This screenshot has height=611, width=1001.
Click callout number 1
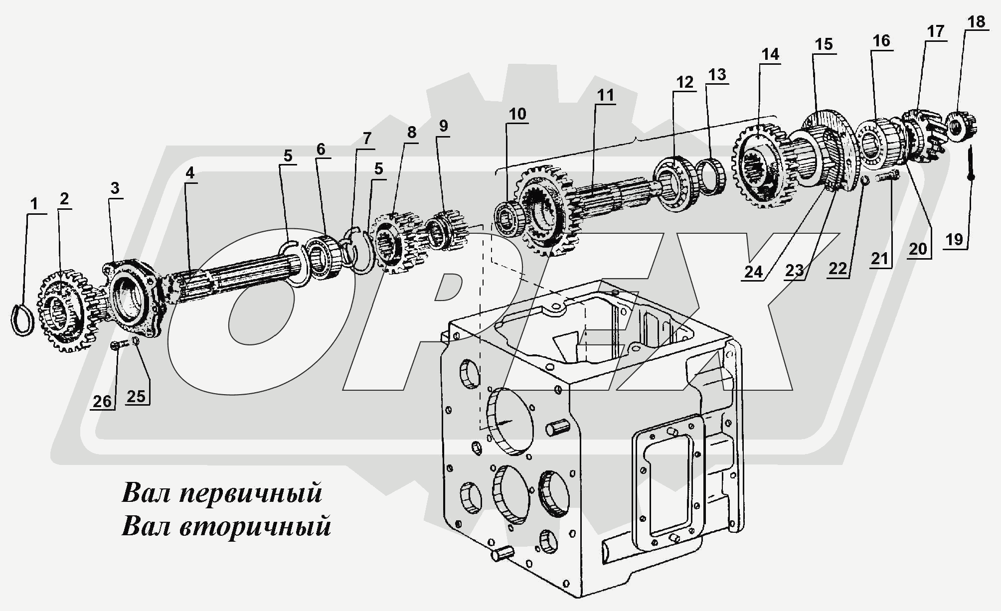pos(34,204)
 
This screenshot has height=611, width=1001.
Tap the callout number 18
pos(976,22)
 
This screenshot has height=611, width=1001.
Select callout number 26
pos(102,401)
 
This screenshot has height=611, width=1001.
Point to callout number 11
pos(606,95)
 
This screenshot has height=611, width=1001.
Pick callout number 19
pos(954,240)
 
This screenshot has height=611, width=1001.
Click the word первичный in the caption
pos(250,493)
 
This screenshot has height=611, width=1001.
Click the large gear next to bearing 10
pos(546,212)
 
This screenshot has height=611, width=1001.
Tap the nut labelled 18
pos(960,127)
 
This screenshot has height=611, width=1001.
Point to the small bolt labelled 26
pos(115,344)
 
